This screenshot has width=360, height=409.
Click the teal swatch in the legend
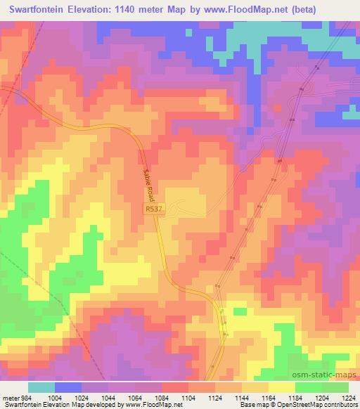coord(41,387)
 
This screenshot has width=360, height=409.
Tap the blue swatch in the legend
coord(69,387)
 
